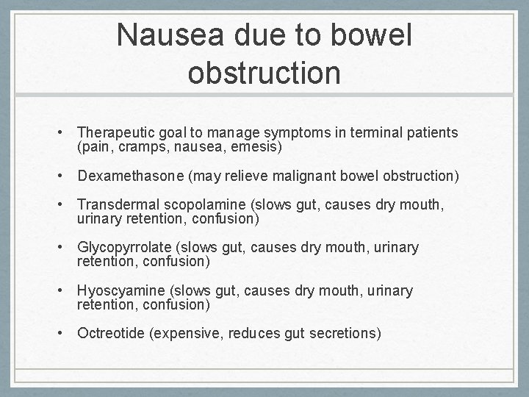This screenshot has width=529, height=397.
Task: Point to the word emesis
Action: click(x=257, y=147)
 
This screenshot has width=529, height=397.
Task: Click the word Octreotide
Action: click(x=111, y=334)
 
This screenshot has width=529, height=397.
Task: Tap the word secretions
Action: click(x=347, y=334)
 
